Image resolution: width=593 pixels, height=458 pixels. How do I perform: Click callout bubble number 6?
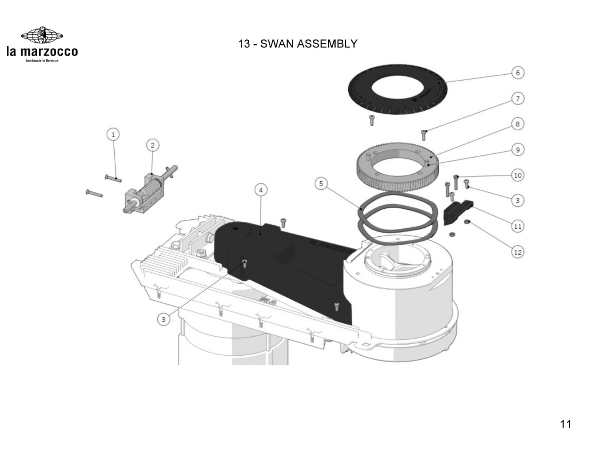[518, 73]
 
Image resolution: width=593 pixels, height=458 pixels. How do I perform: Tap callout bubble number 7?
[518, 98]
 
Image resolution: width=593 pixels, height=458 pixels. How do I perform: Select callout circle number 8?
[518, 124]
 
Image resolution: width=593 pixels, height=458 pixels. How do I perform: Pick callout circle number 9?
[518, 150]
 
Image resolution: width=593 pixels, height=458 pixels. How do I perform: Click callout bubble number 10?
[518, 175]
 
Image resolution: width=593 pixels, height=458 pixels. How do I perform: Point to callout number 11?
[518, 226]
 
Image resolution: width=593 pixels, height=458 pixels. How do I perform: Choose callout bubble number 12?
[518, 252]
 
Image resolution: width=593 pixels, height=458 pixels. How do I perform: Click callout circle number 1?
[113, 135]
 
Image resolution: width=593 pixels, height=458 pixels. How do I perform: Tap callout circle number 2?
[153, 145]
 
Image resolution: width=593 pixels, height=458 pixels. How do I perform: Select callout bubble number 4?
[261, 190]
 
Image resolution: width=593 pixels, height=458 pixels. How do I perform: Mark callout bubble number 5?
[321, 184]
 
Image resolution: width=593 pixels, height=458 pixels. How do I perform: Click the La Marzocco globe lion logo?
[42, 36]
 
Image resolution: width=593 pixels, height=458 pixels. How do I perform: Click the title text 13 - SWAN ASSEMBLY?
[298, 43]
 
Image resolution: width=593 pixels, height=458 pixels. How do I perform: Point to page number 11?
[565, 424]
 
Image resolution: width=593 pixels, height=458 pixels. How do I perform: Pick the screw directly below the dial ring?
[372, 120]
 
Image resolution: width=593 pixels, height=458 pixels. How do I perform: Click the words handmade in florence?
[42, 60]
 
